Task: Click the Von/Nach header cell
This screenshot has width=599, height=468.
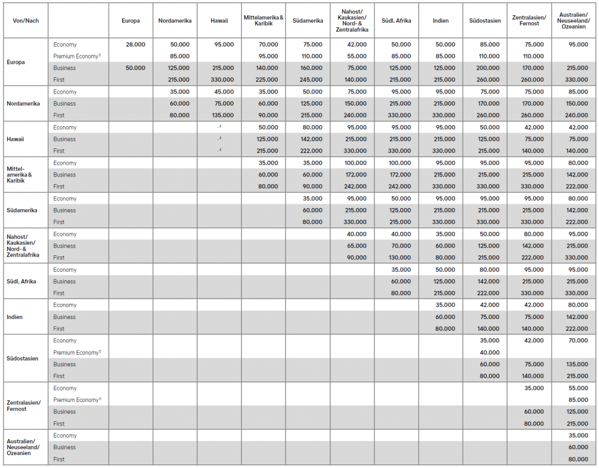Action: click(x=25, y=20)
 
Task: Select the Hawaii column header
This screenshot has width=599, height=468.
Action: click(x=219, y=20)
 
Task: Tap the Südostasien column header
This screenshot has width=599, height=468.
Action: click(x=485, y=20)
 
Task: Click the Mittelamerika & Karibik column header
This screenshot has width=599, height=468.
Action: click(x=263, y=20)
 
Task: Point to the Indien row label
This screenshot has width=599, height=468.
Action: click(x=16, y=317)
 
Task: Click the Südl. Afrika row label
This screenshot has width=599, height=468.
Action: click(x=22, y=281)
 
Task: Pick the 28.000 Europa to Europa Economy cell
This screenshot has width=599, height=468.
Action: click(x=135, y=44)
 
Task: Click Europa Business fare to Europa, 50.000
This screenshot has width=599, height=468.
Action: click(x=135, y=68)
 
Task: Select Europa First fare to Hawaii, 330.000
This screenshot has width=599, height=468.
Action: click(x=222, y=79)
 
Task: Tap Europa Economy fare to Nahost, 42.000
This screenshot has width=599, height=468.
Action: click(x=356, y=44)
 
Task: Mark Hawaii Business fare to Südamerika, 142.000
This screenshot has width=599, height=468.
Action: click(x=312, y=139)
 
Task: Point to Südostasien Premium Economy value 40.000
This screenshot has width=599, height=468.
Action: click(x=489, y=352)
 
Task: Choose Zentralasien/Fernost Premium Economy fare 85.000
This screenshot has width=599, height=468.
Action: click(x=577, y=400)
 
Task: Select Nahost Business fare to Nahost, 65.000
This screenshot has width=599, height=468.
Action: click(x=356, y=246)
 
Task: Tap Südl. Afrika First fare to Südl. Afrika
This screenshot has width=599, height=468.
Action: click(x=401, y=293)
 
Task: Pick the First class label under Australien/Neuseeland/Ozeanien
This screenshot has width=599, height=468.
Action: click(x=59, y=459)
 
